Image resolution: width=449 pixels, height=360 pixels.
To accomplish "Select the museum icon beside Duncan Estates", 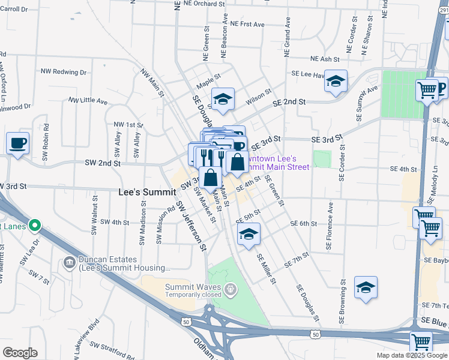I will pyautogui.click(x=69, y=263).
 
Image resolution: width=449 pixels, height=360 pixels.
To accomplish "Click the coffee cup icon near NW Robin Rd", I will pyautogui.click(x=17, y=144).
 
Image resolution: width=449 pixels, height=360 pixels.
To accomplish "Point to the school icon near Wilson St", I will pyautogui.click(x=223, y=99).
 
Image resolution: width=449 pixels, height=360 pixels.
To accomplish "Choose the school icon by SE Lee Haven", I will pyautogui.click(x=336, y=81).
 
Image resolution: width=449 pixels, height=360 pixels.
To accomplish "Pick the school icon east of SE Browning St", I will pyautogui.click(x=366, y=288).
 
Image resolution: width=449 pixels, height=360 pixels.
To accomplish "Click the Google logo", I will pyautogui.click(x=20, y=353).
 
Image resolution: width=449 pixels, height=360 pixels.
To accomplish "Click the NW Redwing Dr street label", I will pyautogui.click(x=64, y=71).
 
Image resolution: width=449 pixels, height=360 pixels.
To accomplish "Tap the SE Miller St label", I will pyautogui.click(x=266, y=268).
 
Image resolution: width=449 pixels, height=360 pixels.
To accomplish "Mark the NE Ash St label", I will pyautogui.click(x=325, y=59).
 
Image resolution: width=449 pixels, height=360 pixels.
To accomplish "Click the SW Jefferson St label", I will pyautogui.click(x=191, y=226).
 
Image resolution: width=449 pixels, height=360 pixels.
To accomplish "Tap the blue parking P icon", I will pyautogui.click(x=443, y=89).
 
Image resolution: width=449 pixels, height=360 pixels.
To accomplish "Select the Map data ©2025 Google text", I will pyautogui.click(x=411, y=355).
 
